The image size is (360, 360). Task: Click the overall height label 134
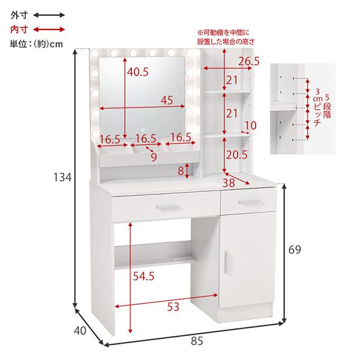click(62, 177)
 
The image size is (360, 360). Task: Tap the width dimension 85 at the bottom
click(197, 341)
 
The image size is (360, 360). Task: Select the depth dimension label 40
click(80, 331)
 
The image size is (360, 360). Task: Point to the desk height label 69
click(295, 250)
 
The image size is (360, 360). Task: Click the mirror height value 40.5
click(138, 72)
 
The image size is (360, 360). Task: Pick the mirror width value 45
click(167, 100)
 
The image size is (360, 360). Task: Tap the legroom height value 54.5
click(143, 276)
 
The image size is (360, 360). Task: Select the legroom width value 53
click(173, 307)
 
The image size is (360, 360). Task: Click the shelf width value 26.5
click(249, 61)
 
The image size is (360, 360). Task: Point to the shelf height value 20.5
click(237, 155)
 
